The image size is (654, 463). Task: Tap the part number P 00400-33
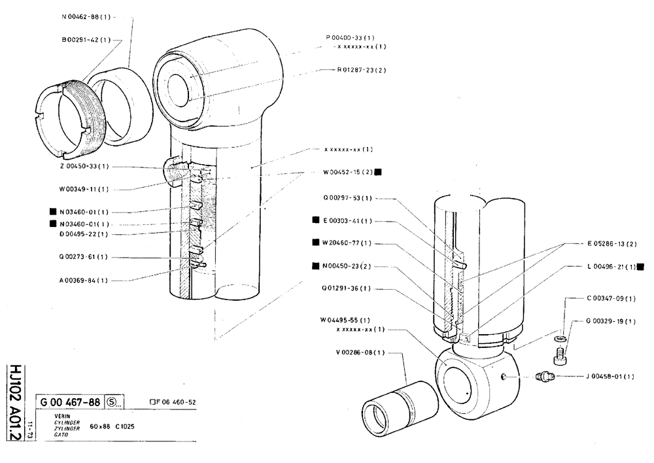[x=354, y=37]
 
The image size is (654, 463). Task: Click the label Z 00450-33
[x=83, y=167]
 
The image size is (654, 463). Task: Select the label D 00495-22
[x=83, y=233]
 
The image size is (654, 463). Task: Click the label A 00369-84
[x=83, y=280]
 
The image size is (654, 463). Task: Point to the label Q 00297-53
[x=347, y=197]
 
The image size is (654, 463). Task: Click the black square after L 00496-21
[x=640, y=266]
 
